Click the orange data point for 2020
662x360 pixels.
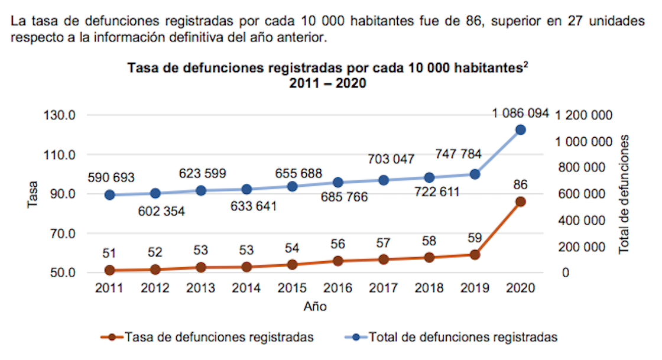point(521,202)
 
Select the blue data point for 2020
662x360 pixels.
point(521,129)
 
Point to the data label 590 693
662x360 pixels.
point(111,177)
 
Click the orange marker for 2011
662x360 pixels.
point(109,270)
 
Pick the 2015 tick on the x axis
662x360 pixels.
point(292,288)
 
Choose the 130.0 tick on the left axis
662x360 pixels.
point(59,115)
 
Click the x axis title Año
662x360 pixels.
point(315,307)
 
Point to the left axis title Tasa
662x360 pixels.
point(33,194)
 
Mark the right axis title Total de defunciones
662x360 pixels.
point(624,194)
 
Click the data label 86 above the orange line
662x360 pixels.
point(521,184)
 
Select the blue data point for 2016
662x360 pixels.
point(338,183)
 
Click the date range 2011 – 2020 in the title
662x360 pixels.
point(327,83)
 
